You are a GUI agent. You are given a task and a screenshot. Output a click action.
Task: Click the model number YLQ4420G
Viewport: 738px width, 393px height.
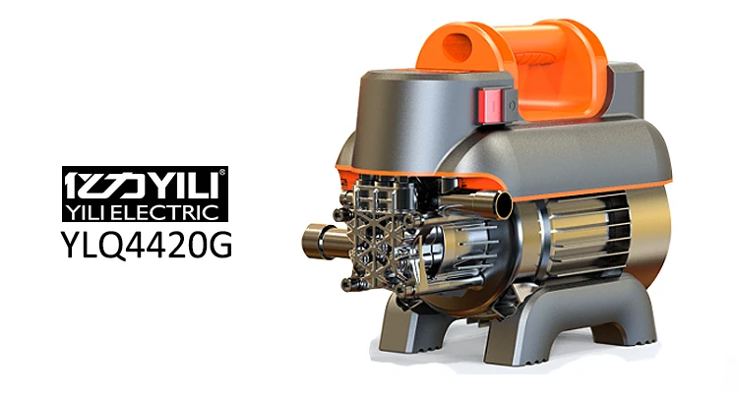click(x=147, y=245)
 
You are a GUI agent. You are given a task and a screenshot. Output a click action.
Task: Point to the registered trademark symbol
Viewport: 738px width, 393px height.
click(x=222, y=172)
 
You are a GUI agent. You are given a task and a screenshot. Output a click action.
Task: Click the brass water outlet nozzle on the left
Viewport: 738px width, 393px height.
click(x=319, y=241)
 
